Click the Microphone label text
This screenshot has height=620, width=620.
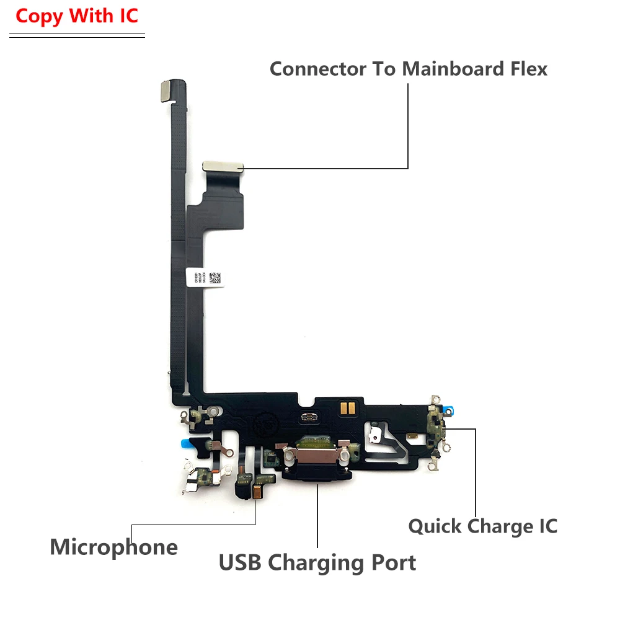pos(113,547)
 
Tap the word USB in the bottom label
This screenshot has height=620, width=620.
pos(241,563)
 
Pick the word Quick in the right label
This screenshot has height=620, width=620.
pos(435,526)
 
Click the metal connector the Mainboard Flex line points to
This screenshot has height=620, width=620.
pos(223,166)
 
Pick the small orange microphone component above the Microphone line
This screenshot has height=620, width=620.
pos(255,491)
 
